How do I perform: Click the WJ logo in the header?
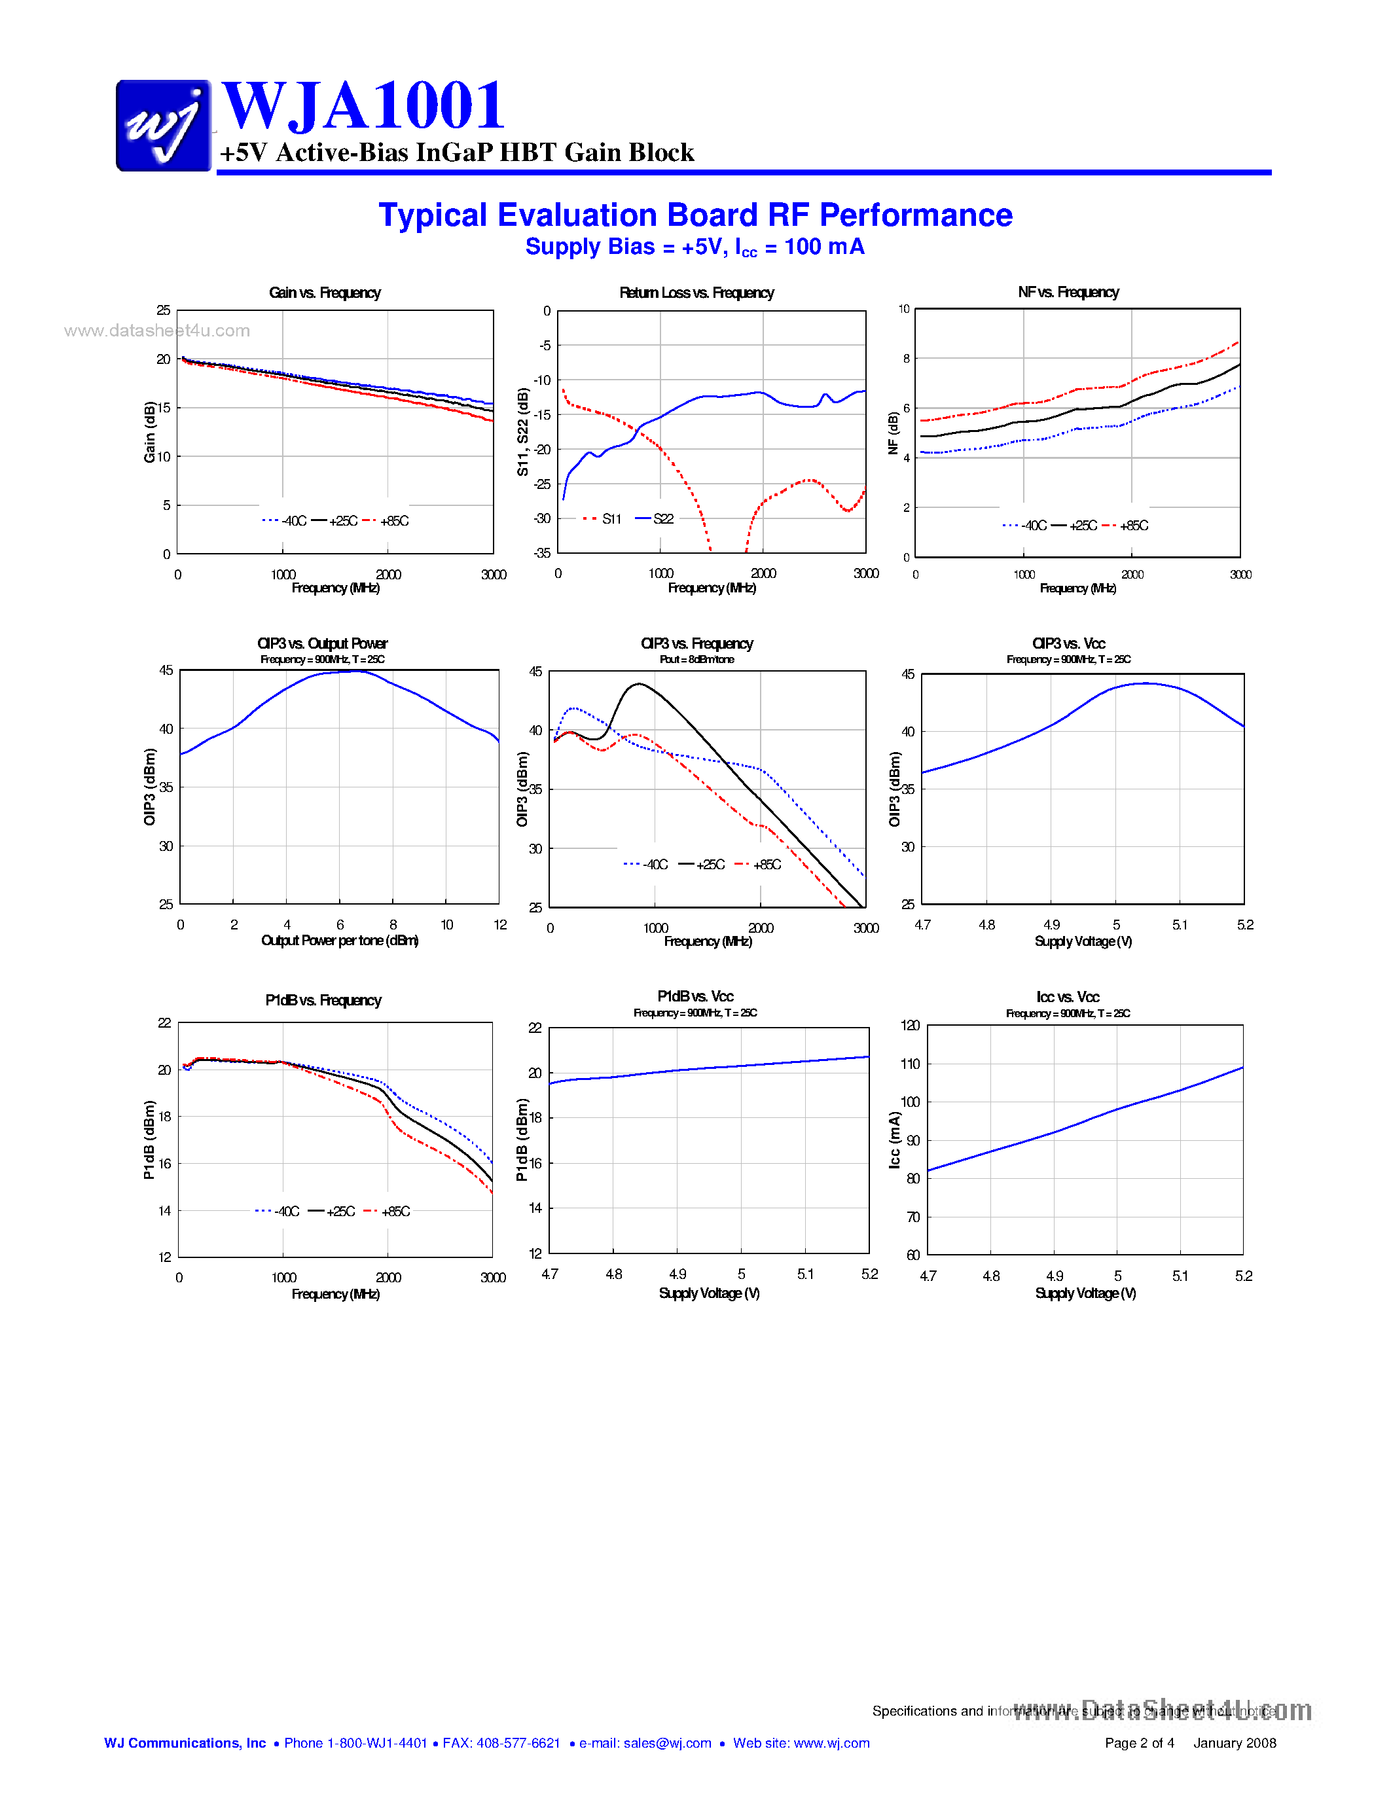pos(163,125)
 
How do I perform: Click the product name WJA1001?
pos(363,105)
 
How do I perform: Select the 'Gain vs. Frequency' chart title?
pos(325,293)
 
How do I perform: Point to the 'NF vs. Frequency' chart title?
pos(1068,292)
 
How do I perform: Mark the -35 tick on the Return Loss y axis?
pos(541,553)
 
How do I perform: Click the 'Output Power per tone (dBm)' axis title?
pos(340,941)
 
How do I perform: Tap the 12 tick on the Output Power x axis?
pos(500,925)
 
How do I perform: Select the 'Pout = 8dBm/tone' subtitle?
pos(696,659)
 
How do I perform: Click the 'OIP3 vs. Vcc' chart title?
pos(1068,643)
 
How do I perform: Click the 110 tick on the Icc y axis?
pos(910,1064)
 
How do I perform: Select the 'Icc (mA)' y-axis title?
pos(894,1140)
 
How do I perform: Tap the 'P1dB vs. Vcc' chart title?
pos(695,996)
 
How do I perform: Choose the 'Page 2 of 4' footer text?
pos(1139,1743)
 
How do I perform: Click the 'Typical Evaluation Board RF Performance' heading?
pos(695,215)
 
